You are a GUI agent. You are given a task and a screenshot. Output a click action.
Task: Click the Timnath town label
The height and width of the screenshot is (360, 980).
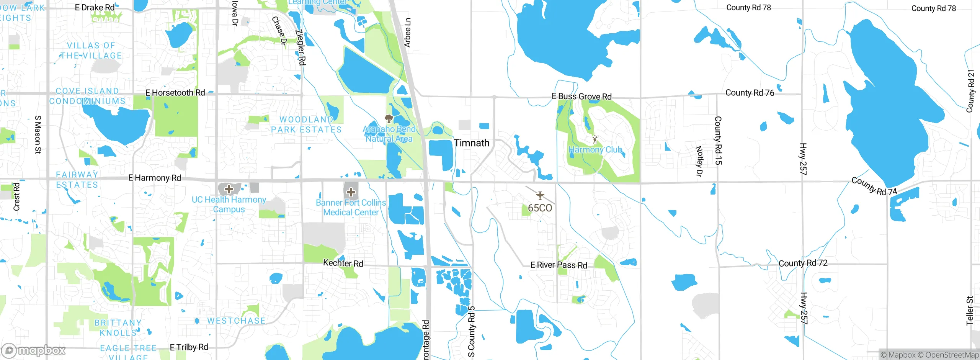[x=472, y=143]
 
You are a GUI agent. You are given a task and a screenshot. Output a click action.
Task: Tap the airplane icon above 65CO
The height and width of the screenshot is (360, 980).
[x=540, y=195]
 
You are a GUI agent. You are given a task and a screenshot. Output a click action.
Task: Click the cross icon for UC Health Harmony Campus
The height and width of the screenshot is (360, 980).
[x=229, y=189]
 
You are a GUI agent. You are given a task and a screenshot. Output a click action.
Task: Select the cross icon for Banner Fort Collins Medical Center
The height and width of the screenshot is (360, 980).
[x=351, y=192]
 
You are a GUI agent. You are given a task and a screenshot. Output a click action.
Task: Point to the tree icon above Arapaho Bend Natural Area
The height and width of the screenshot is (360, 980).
[x=389, y=118]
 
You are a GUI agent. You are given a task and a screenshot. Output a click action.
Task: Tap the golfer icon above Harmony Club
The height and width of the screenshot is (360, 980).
[x=595, y=139]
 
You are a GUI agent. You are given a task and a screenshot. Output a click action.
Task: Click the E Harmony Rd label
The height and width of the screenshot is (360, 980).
[x=155, y=178]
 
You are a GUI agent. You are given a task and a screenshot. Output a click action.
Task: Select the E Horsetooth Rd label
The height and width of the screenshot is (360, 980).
[x=175, y=93]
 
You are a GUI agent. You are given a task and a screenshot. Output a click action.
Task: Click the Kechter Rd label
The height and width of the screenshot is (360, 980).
[x=343, y=263]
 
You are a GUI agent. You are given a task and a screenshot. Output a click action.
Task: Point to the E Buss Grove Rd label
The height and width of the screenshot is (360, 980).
[x=581, y=97]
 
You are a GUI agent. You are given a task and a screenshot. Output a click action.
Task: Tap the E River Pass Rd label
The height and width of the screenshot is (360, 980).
[x=559, y=265]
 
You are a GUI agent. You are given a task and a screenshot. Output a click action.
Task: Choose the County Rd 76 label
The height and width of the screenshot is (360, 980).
[x=750, y=93]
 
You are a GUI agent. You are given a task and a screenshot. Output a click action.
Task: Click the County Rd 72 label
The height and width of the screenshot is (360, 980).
[x=803, y=263]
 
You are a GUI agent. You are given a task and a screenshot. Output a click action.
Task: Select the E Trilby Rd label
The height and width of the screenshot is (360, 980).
[x=189, y=347]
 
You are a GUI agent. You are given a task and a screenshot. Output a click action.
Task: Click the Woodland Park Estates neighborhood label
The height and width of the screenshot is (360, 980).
[x=306, y=125]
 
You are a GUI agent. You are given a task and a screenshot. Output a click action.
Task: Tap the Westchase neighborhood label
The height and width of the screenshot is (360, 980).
[x=236, y=321]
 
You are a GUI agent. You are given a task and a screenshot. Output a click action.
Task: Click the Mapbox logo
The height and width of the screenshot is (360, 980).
[x=34, y=350]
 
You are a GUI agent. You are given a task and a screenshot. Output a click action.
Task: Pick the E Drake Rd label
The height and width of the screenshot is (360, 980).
[x=95, y=7]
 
